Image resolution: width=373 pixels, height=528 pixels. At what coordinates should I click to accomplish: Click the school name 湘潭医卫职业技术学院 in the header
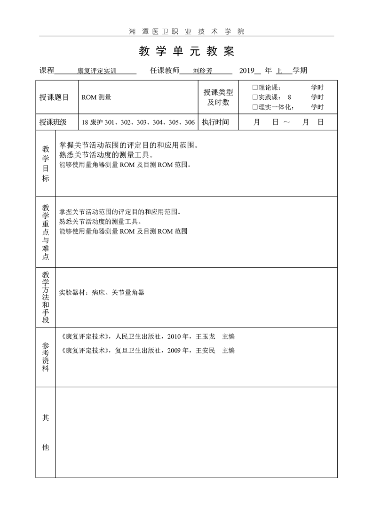tap(186, 32)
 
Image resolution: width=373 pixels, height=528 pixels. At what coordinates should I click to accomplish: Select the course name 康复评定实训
tap(97, 72)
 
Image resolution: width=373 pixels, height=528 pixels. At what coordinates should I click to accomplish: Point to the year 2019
tap(246, 71)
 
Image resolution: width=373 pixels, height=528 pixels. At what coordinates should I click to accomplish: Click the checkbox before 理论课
tap(255, 88)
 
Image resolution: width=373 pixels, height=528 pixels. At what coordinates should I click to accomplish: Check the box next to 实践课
tap(255, 97)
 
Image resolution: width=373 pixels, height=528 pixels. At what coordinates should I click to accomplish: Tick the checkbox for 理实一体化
tap(255, 107)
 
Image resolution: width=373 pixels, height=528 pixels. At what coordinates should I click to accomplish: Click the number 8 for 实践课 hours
tap(289, 97)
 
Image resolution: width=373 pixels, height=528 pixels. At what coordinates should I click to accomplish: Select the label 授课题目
tap(54, 97)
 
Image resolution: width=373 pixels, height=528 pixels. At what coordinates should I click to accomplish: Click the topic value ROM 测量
tap(96, 97)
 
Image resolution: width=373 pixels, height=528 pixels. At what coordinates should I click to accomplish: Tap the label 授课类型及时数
tap(218, 97)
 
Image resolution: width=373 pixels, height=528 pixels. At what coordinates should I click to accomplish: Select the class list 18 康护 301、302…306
tap(138, 122)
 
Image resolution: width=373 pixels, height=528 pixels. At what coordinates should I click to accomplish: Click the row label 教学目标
tap(46, 163)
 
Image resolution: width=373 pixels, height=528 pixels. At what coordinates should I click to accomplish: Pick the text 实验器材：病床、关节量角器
tap(102, 293)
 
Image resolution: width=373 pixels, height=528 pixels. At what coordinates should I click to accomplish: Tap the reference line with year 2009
tap(148, 351)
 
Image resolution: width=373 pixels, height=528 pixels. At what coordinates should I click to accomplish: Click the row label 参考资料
tap(46, 357)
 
